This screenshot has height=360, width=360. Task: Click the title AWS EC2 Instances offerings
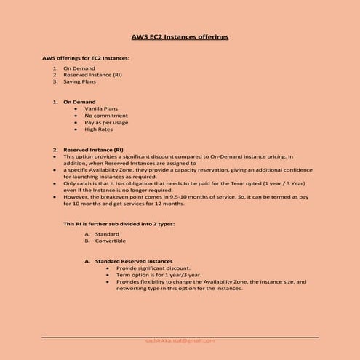coord(180,36)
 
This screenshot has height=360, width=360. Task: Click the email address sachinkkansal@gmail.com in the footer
coord(180,340)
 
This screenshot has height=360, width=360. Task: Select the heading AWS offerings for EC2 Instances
coord(87,57)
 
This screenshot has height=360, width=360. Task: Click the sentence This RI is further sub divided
coord(119,224)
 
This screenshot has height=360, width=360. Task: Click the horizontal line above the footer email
coord(180,336)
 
